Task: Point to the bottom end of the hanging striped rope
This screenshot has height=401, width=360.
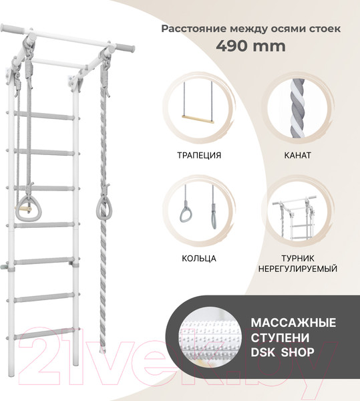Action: (105, 349)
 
